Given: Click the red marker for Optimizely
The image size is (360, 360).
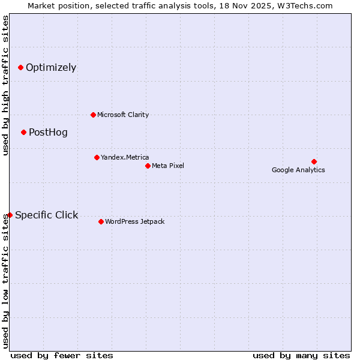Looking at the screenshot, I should (x=20, y=67).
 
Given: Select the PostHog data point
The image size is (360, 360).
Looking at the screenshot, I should (x=23, y=132).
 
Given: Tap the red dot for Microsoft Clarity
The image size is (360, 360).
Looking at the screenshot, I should (x=93, y=115).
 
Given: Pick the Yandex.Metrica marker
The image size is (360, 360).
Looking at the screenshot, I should (x=97, y=157).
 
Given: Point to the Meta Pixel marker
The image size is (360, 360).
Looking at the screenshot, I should (x=148, y=166).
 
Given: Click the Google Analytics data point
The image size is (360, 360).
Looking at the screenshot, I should (x=314, y=161).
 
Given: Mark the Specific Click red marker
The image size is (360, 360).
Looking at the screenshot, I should (x=10, y=215).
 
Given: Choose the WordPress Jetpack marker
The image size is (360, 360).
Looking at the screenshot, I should (x=101, y=221).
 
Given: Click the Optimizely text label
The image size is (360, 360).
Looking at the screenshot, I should (x=51, y=67).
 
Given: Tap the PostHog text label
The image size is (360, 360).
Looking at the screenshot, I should (x=48, y=132).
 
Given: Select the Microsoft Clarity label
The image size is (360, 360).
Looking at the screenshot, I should (x=123, y=115).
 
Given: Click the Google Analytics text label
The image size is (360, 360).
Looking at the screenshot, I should (x=298, y=170).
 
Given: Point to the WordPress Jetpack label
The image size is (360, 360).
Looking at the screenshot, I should (x=134, y=221).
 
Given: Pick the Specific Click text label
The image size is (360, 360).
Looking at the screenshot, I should (x=46, y=215).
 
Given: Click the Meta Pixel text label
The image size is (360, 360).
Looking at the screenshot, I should (x=168, y=166).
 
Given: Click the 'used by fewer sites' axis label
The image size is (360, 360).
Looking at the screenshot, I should (x=62, y=355).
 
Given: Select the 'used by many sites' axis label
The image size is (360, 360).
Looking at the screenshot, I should (x=301, y=355).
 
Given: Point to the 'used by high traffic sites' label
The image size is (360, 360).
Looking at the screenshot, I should (x=5, y=85).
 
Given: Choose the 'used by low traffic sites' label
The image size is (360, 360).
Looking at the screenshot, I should (x=5, y=281).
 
